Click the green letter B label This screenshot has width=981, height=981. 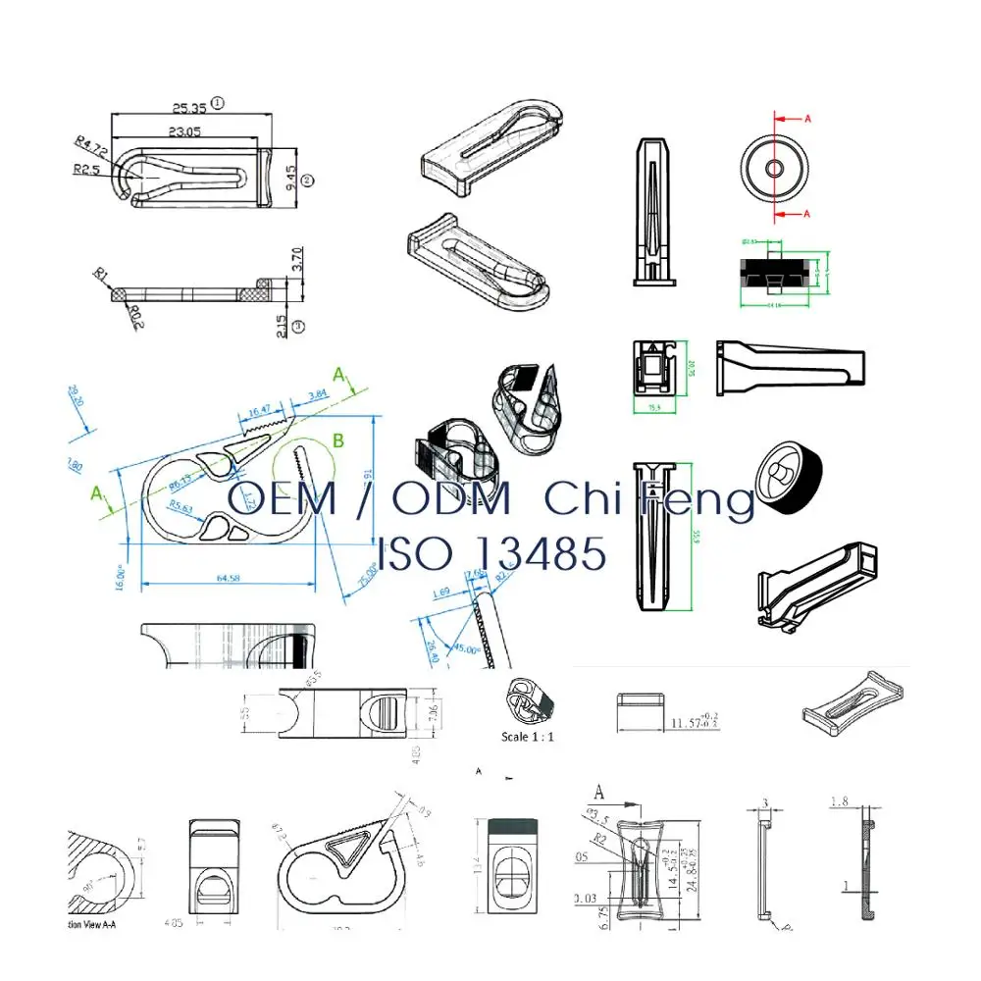pyautogui.click(x=337, y=440)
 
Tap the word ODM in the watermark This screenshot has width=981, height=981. pyautogui.click(x=451, y=499)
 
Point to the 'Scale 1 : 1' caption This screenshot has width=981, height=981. pyautogui.click(x=528, y=736)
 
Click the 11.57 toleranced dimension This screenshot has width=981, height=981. pyautogui.click(x=694, y=723)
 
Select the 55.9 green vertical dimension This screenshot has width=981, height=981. pyautogui.click(x=696, y=537)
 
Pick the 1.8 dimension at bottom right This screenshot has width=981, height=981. pyautogui.click(x=840, y=801)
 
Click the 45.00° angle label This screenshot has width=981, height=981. pyautogui.click(x=466, y=649)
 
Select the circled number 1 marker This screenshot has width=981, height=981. pyautogui.click(x=218, y=101)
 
